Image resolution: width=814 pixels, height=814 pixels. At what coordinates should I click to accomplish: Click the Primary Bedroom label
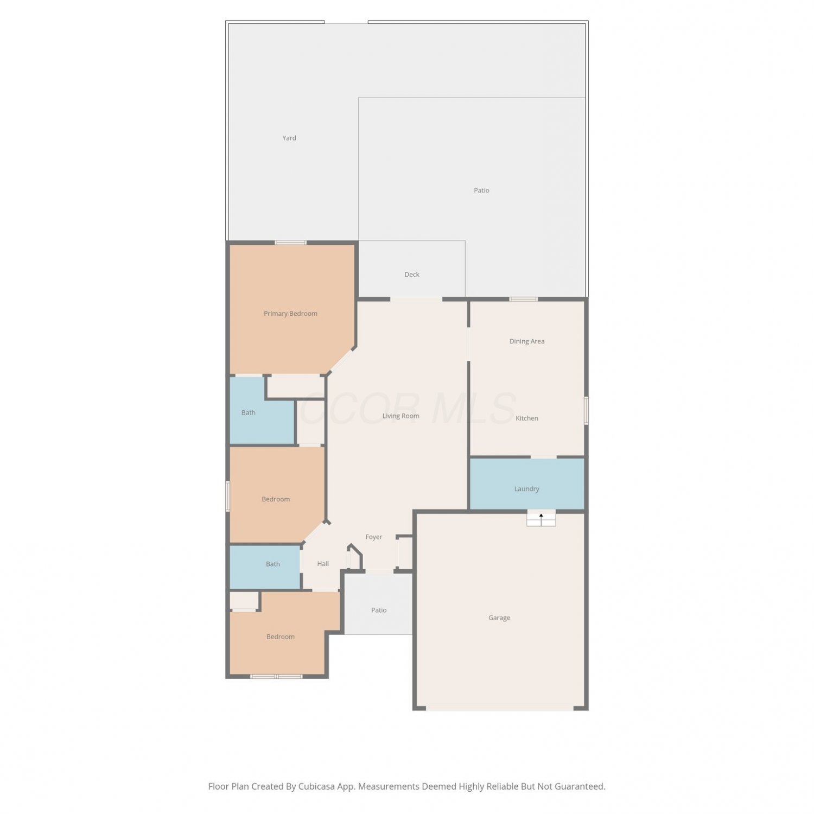tap(290, 314)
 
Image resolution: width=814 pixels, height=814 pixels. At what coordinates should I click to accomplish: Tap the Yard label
tap(289, 138)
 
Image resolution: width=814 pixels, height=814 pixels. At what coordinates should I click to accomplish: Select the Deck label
tap(412, 275)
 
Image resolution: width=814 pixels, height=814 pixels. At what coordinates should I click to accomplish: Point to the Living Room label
tap(401, 416)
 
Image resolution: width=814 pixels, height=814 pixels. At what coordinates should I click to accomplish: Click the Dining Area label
tap(527, 341)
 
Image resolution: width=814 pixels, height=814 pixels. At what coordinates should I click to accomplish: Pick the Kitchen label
tap(527, 418)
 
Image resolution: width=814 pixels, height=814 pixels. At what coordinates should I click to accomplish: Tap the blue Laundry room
tap(527, 484)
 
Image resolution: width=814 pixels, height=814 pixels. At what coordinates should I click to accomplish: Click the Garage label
tap(499, 618)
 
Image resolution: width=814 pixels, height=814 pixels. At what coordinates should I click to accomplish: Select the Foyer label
tap(374, 537)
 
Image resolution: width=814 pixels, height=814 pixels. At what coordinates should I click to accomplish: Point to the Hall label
tap(323, 564)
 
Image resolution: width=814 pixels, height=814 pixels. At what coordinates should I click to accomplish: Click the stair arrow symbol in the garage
tap(541, 519)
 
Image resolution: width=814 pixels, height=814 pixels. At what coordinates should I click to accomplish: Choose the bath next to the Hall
tap(265, 567)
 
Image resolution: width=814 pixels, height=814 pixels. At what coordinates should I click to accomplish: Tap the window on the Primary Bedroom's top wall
tap(290, 243)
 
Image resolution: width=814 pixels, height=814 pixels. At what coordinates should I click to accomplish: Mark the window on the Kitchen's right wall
tap(586, 410)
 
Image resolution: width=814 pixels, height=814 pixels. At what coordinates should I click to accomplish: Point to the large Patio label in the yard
tap(481, 190)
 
